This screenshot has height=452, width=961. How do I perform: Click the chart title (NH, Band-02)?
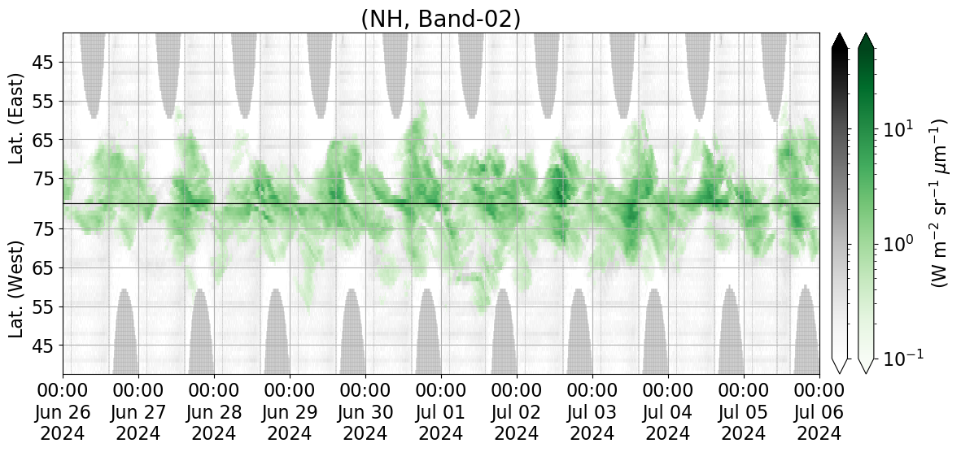tap(441, 19)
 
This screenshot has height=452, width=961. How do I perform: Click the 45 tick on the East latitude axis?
tap(45, 63)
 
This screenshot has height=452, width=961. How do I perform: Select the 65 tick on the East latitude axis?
tap(45, 141)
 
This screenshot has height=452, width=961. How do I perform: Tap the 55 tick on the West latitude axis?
tap(45, 306)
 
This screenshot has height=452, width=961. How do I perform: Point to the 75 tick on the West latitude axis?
tap(45, 229)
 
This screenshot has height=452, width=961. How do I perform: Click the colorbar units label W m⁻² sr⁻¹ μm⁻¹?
tap(940, 203)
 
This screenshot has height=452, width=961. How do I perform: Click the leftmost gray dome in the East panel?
tap(93, 73)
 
